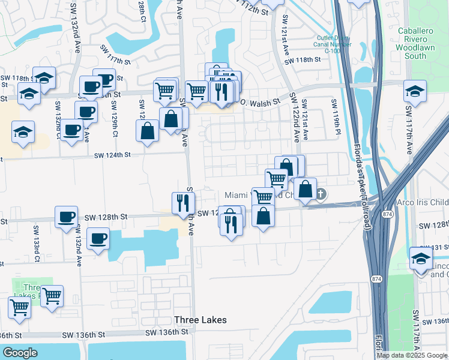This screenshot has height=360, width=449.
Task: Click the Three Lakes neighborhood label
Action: tap(200, 320)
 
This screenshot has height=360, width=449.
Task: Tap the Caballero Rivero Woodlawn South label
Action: tap(420, 43)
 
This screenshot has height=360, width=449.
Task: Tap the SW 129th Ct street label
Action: tap(114, 113)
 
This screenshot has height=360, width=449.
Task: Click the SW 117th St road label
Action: tap(116, 61)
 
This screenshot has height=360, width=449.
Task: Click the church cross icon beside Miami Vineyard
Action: tap(321, 193)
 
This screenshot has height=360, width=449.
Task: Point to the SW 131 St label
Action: tap(433, 247)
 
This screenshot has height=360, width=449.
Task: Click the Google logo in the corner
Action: tap(20, 353)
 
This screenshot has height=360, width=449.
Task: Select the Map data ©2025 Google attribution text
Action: tap(411, 355)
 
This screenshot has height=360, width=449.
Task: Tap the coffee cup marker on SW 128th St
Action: tap(67, 217)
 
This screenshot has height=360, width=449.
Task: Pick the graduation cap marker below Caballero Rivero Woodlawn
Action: tap(415, 91)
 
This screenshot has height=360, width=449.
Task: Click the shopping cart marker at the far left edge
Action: tap(20, 307)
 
